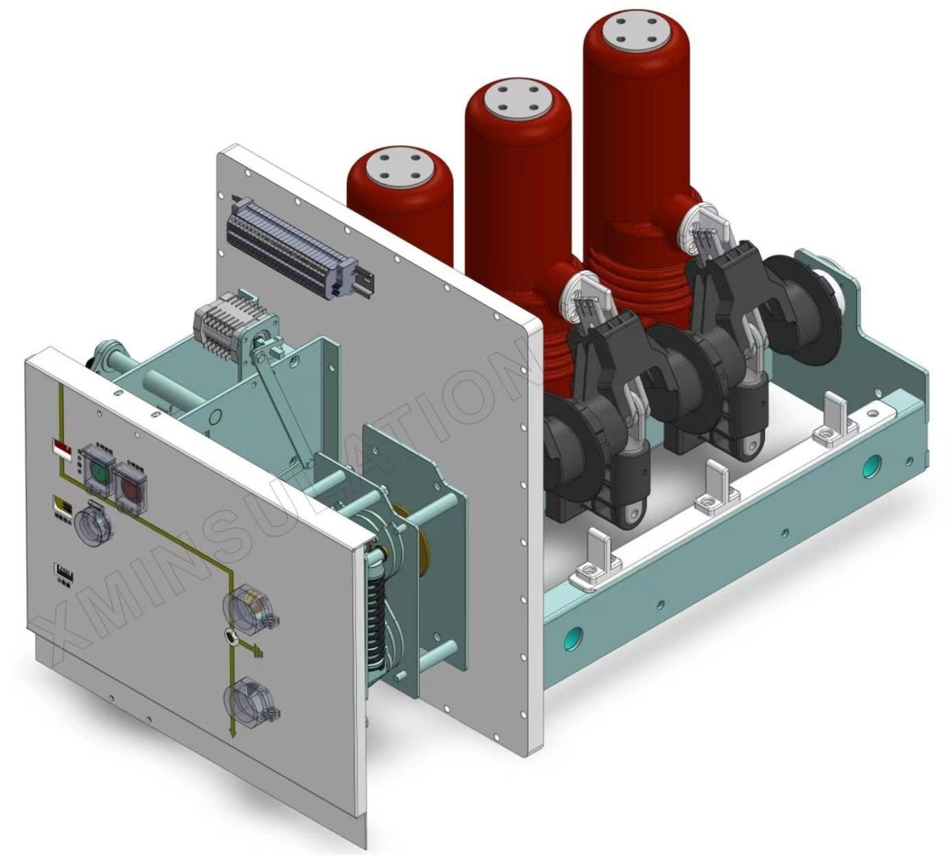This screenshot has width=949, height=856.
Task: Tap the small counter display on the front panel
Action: [64, 570]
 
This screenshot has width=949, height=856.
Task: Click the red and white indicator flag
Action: [62, 451]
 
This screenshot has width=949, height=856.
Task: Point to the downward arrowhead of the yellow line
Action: [233, 733]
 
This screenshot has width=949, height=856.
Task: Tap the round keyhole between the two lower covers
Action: [231, 638]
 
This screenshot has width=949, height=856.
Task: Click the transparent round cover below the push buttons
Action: [92, 527]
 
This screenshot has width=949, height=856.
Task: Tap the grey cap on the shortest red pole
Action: [399, 166]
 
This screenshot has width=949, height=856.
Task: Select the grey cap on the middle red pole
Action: [517, 99]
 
